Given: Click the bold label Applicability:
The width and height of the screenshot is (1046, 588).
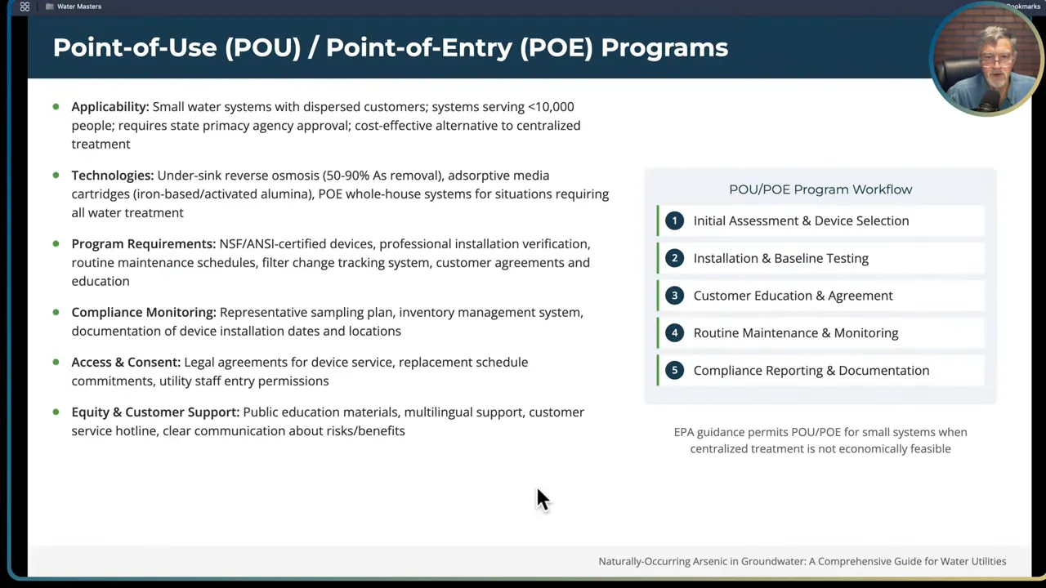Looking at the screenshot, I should [x=110, y=107].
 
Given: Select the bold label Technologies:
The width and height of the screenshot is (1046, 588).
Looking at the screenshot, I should [x=112, y=176].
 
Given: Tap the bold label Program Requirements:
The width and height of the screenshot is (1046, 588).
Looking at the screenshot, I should [x=143, y=244].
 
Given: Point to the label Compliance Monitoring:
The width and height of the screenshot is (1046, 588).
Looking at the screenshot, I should [x=143, y=313].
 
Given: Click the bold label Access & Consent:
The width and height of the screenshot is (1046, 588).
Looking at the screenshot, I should [x=125, y=363].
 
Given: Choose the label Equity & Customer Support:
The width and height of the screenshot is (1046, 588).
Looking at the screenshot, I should [x=155, y=412].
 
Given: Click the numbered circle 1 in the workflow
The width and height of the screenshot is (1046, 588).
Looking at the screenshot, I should [x=674, y=220].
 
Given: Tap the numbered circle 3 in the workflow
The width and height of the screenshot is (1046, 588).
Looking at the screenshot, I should [x=674, y=296].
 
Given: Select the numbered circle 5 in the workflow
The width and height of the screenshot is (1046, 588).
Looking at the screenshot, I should [x=674, y=371].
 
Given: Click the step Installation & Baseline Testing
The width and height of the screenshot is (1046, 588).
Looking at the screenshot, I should [x=780, y=258].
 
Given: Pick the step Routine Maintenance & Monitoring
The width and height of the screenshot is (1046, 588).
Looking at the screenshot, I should [x=795, y=333].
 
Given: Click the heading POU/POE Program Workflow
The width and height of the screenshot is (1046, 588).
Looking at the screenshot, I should [x=820, y=189].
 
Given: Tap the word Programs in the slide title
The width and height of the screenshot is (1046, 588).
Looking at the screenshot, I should [x=664, y=47].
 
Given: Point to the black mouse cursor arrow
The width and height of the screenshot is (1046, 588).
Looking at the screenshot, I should [x=543, y=498].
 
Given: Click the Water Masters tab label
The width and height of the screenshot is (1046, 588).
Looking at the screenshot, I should [x=78, y=7].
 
